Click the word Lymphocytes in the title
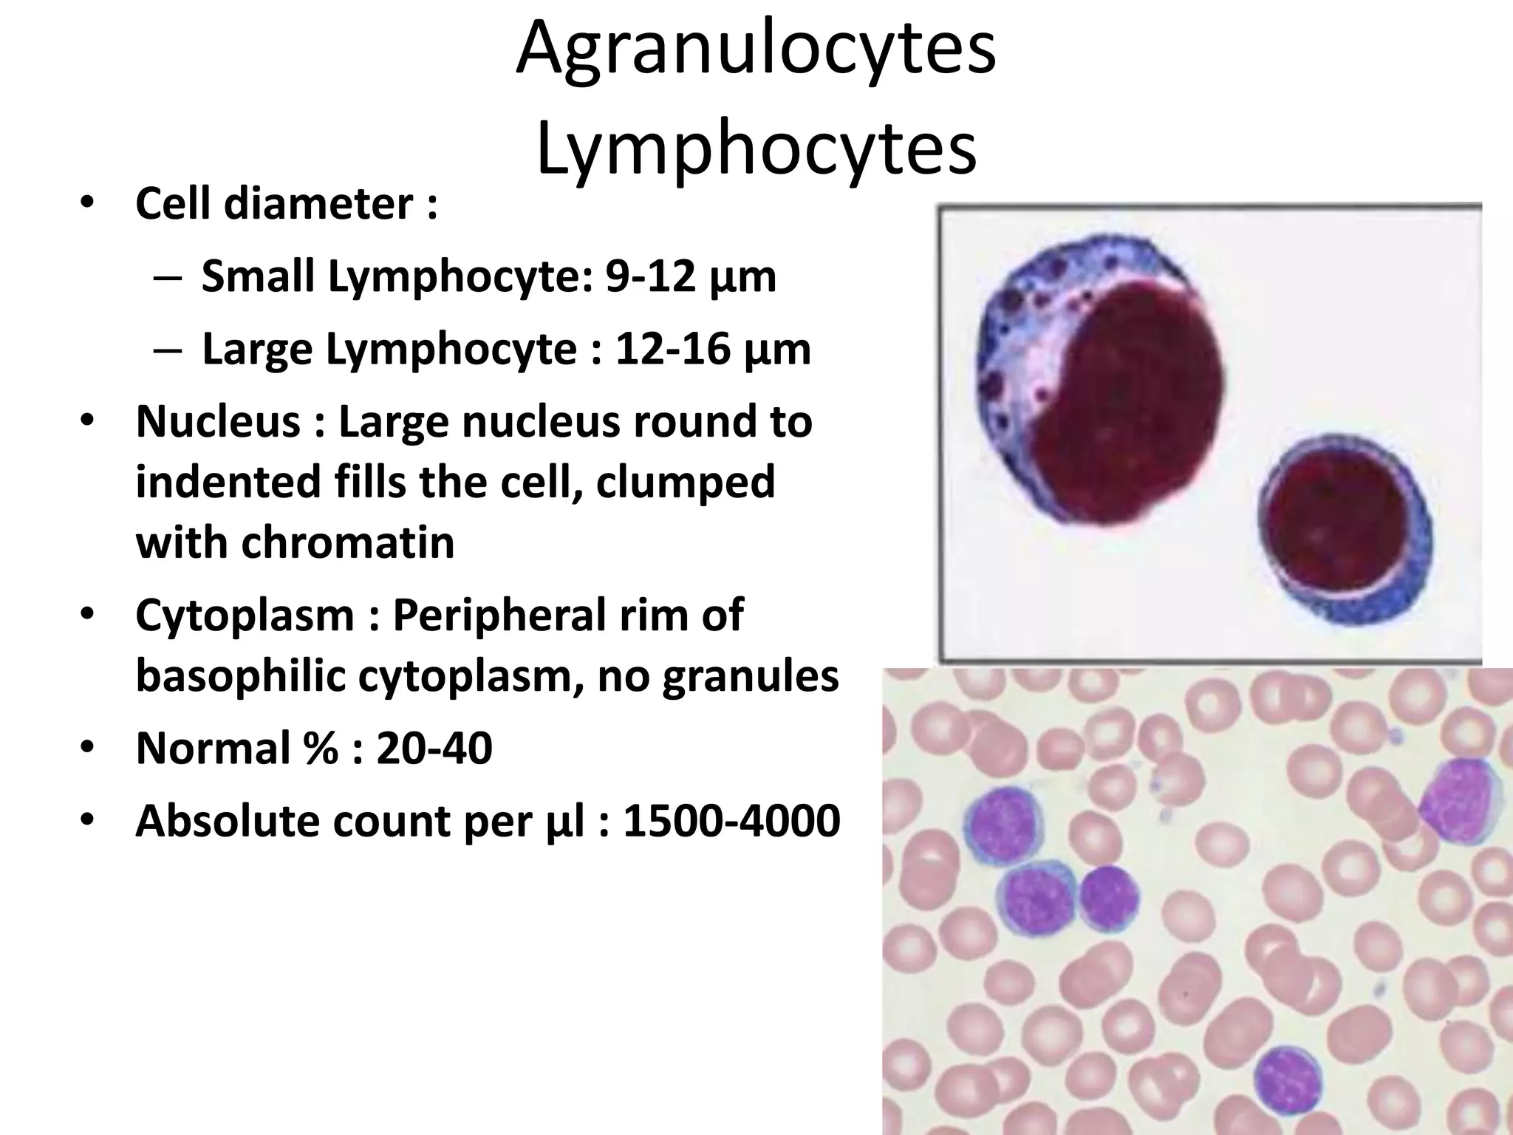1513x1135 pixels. click(x=756, y=150)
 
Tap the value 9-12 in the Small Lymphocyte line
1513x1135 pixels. click(x=650, y=276)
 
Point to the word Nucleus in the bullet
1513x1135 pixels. click(x=219, y=422)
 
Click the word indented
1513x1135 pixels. click(x=228, y=483)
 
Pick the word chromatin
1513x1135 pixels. click(x=347, y=543)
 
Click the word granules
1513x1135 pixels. click(x=750, y=676)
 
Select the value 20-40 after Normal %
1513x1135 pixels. click(x=434, y=748)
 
